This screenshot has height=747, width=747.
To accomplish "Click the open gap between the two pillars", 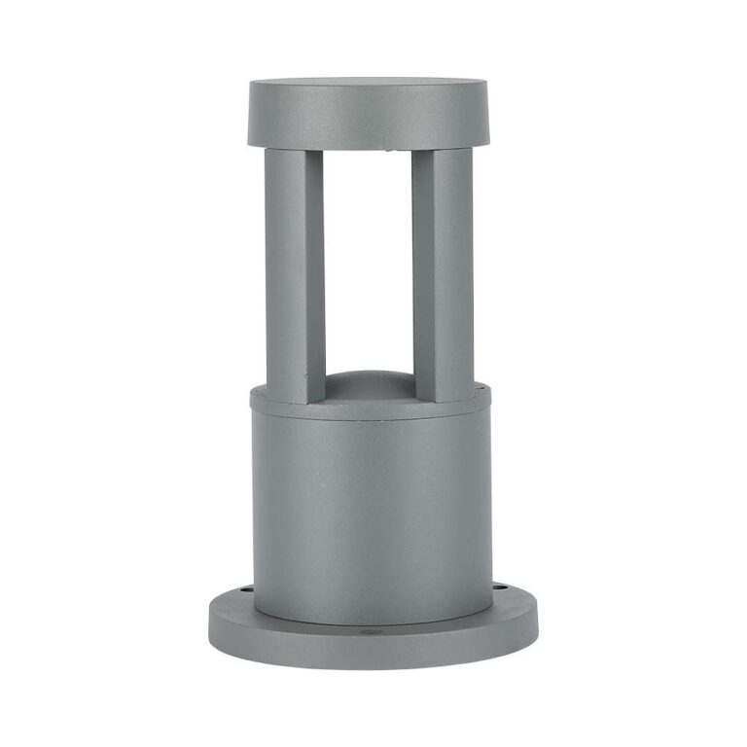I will click(368, 263).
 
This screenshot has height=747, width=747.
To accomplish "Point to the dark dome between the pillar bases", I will click(368, 386).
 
